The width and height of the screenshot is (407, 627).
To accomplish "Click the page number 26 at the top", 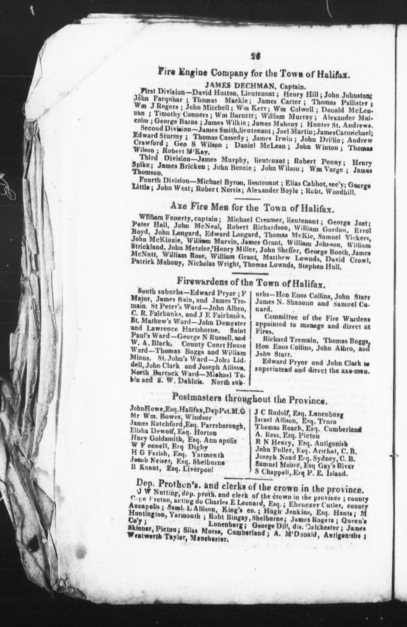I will pos(255,57).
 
